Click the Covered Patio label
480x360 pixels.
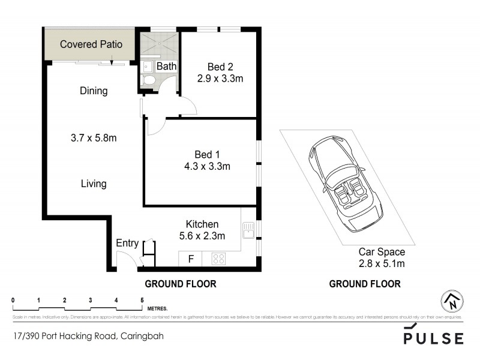91,44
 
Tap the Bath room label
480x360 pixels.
166,66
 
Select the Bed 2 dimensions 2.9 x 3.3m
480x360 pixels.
220,78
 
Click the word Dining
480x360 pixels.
94,91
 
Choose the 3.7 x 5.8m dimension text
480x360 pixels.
93,138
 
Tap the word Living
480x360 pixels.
94,184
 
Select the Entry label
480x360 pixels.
127,243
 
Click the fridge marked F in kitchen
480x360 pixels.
191,259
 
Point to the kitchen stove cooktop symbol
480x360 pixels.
219,259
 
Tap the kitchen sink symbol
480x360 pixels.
249,229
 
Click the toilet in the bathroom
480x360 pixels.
149,80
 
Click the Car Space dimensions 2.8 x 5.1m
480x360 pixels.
382,263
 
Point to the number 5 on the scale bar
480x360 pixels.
142,300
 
